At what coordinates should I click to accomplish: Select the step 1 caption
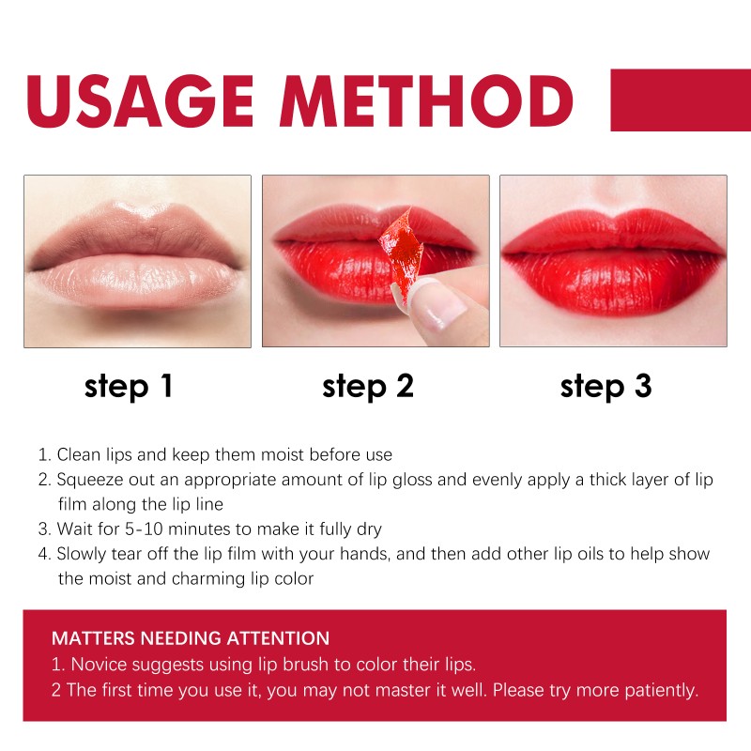tap(129, 386)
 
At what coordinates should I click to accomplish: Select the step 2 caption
tap(367, 386)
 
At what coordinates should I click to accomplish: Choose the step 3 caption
tap(605, 386)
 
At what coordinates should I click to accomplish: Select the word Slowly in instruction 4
tap(84, 554)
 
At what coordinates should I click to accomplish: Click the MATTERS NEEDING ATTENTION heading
tap(191, 638)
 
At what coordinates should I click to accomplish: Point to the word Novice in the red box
tap(97, 665)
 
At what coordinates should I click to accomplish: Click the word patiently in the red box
tap(663, 691)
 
